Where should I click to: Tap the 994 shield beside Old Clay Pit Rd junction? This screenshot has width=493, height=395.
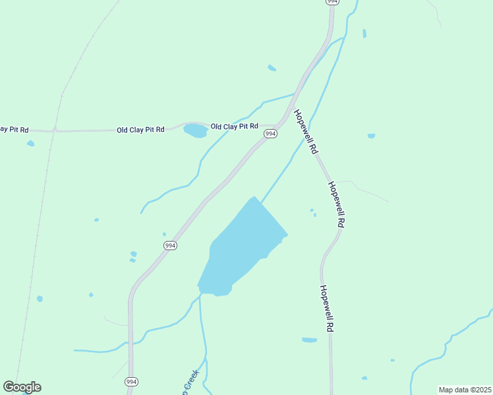[270, 134]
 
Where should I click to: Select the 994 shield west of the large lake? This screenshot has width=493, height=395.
[170, 246]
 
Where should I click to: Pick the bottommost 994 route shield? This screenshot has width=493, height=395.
[132, 382]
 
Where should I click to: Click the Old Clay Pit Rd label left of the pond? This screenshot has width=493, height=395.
[140, 130]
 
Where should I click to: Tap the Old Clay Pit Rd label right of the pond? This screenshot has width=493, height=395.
[234, 126]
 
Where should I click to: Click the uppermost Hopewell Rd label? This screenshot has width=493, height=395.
[306, 132]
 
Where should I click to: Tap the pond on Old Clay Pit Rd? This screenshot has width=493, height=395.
[195, 130]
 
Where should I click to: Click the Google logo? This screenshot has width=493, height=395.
[22, 387]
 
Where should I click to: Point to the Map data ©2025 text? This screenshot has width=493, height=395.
[465, 390]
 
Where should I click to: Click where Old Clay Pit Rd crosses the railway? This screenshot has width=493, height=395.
[55, 130]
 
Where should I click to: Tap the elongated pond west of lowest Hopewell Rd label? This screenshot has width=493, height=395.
[309, 340]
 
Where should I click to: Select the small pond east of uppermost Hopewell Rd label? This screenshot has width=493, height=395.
[371, 136]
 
